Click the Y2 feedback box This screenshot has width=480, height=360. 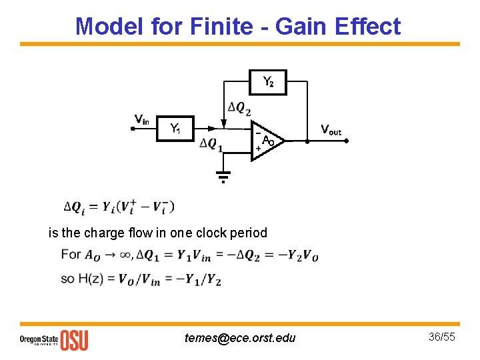pos(268,82)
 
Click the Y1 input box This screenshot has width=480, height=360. pos(176,128)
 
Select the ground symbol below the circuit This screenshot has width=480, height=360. pos(223,177)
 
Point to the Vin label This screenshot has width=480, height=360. pos(141,119)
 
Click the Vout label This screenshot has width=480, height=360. pos(331,129)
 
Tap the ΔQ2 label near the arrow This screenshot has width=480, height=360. pos(239,107)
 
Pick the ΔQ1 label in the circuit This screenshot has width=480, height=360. pos(211,145)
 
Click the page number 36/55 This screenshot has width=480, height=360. pos(441,337)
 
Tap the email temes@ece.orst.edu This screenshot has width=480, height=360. pos(240,338)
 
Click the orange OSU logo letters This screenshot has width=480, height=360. pos(74,339)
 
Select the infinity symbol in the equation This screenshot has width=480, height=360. pos(126,255)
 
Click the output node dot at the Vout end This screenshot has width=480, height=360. pos(347,141)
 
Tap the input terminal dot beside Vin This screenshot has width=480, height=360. pos(133,129)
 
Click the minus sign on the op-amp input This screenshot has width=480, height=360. pos(257,133)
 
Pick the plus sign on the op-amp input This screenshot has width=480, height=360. pos(257,148)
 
